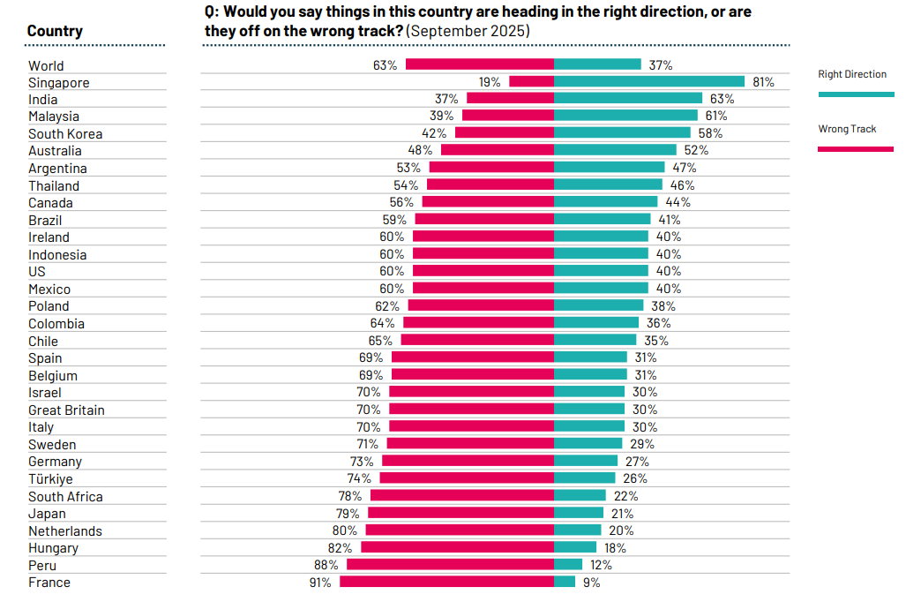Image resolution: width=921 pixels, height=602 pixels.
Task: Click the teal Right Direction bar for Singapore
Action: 651,81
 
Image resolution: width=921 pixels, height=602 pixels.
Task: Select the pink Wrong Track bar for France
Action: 446,582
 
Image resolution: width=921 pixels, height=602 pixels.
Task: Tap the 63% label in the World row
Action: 386,64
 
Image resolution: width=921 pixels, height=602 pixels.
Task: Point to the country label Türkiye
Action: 50,478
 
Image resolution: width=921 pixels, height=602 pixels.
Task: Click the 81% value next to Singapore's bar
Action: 763,82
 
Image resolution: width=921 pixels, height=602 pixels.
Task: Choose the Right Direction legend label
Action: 852,74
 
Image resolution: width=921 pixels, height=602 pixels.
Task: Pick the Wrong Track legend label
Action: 847,129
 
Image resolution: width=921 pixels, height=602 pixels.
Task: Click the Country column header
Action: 55,31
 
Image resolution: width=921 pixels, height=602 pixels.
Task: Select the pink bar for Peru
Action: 450,564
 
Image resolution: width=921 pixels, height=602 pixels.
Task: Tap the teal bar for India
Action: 627,99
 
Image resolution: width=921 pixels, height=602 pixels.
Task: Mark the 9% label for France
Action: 591,582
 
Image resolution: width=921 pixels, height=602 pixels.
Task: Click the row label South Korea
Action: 65,133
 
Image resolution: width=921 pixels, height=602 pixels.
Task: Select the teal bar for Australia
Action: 615,150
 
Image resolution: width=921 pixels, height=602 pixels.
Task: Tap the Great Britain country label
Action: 66,410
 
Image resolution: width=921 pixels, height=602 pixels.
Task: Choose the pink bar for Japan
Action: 460,513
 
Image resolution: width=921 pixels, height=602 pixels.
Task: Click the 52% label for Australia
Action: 696,150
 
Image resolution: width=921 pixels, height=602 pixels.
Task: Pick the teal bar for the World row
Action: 597,64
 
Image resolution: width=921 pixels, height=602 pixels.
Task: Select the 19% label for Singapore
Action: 490,82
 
